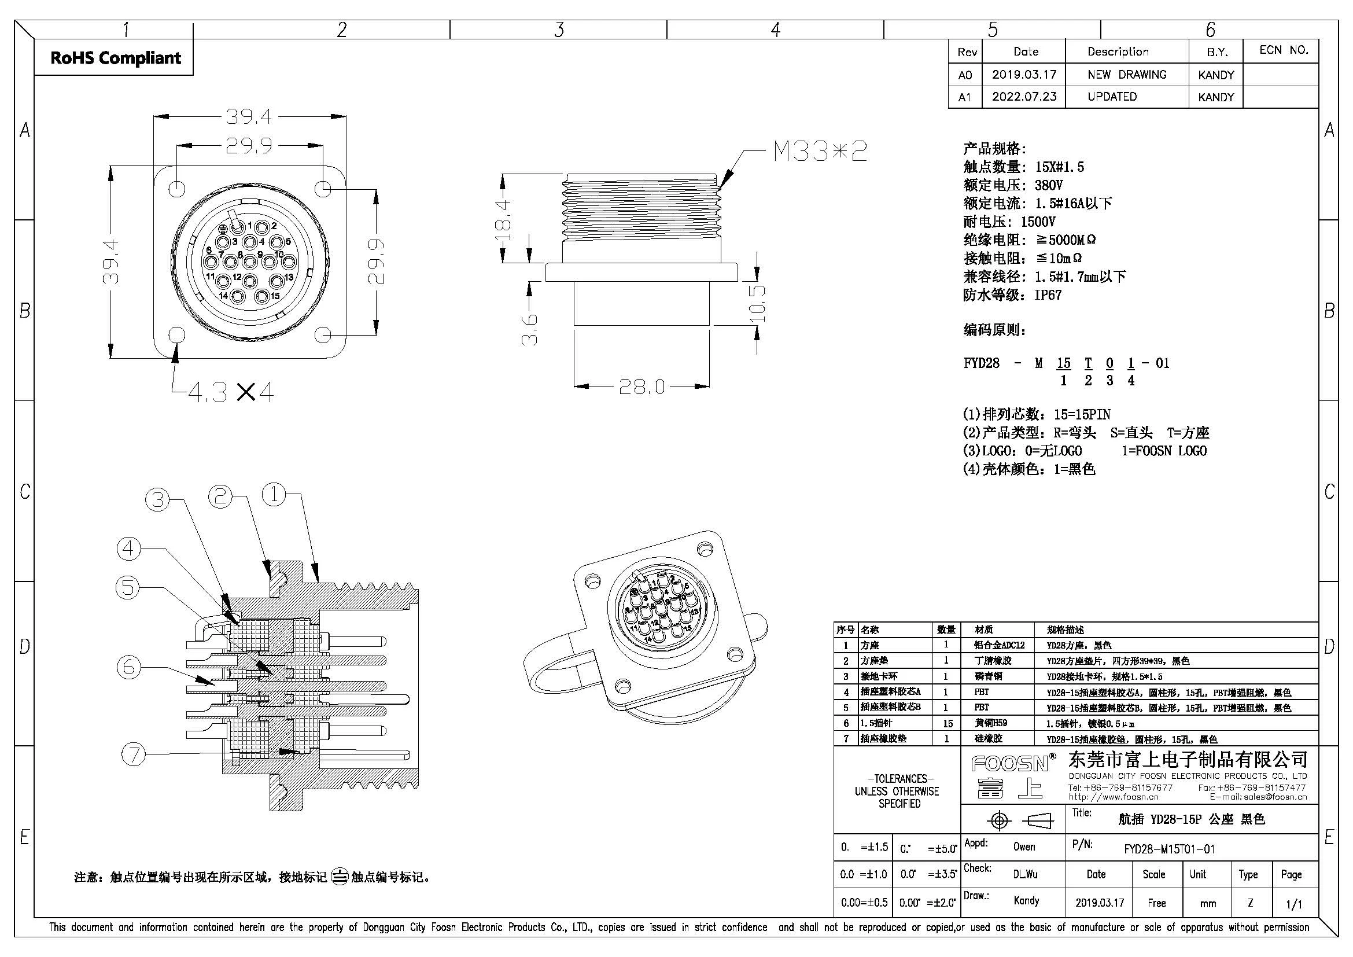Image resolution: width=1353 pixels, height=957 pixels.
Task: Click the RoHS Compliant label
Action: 116,58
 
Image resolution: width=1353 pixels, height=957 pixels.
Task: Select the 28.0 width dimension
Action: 641,387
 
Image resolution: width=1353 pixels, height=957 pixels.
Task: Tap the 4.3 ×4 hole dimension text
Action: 230,392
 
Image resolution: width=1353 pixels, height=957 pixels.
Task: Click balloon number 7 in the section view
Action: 133,754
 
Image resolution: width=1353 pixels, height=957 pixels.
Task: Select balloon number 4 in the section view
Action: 128,549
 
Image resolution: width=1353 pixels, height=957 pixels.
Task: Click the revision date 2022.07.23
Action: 1024,97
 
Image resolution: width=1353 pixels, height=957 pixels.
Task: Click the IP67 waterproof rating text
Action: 1048,295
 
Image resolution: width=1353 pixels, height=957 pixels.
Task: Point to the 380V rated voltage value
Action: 1049,185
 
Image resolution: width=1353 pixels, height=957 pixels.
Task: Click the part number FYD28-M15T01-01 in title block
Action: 1169,849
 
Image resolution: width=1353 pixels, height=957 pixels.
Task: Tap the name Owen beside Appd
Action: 1024,847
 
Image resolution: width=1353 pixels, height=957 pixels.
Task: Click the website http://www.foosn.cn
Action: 1113,797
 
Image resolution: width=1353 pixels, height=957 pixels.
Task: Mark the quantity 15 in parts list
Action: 946,723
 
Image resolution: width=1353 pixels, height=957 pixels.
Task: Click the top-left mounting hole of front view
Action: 177,189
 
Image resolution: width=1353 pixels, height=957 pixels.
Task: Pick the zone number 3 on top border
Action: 559,30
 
